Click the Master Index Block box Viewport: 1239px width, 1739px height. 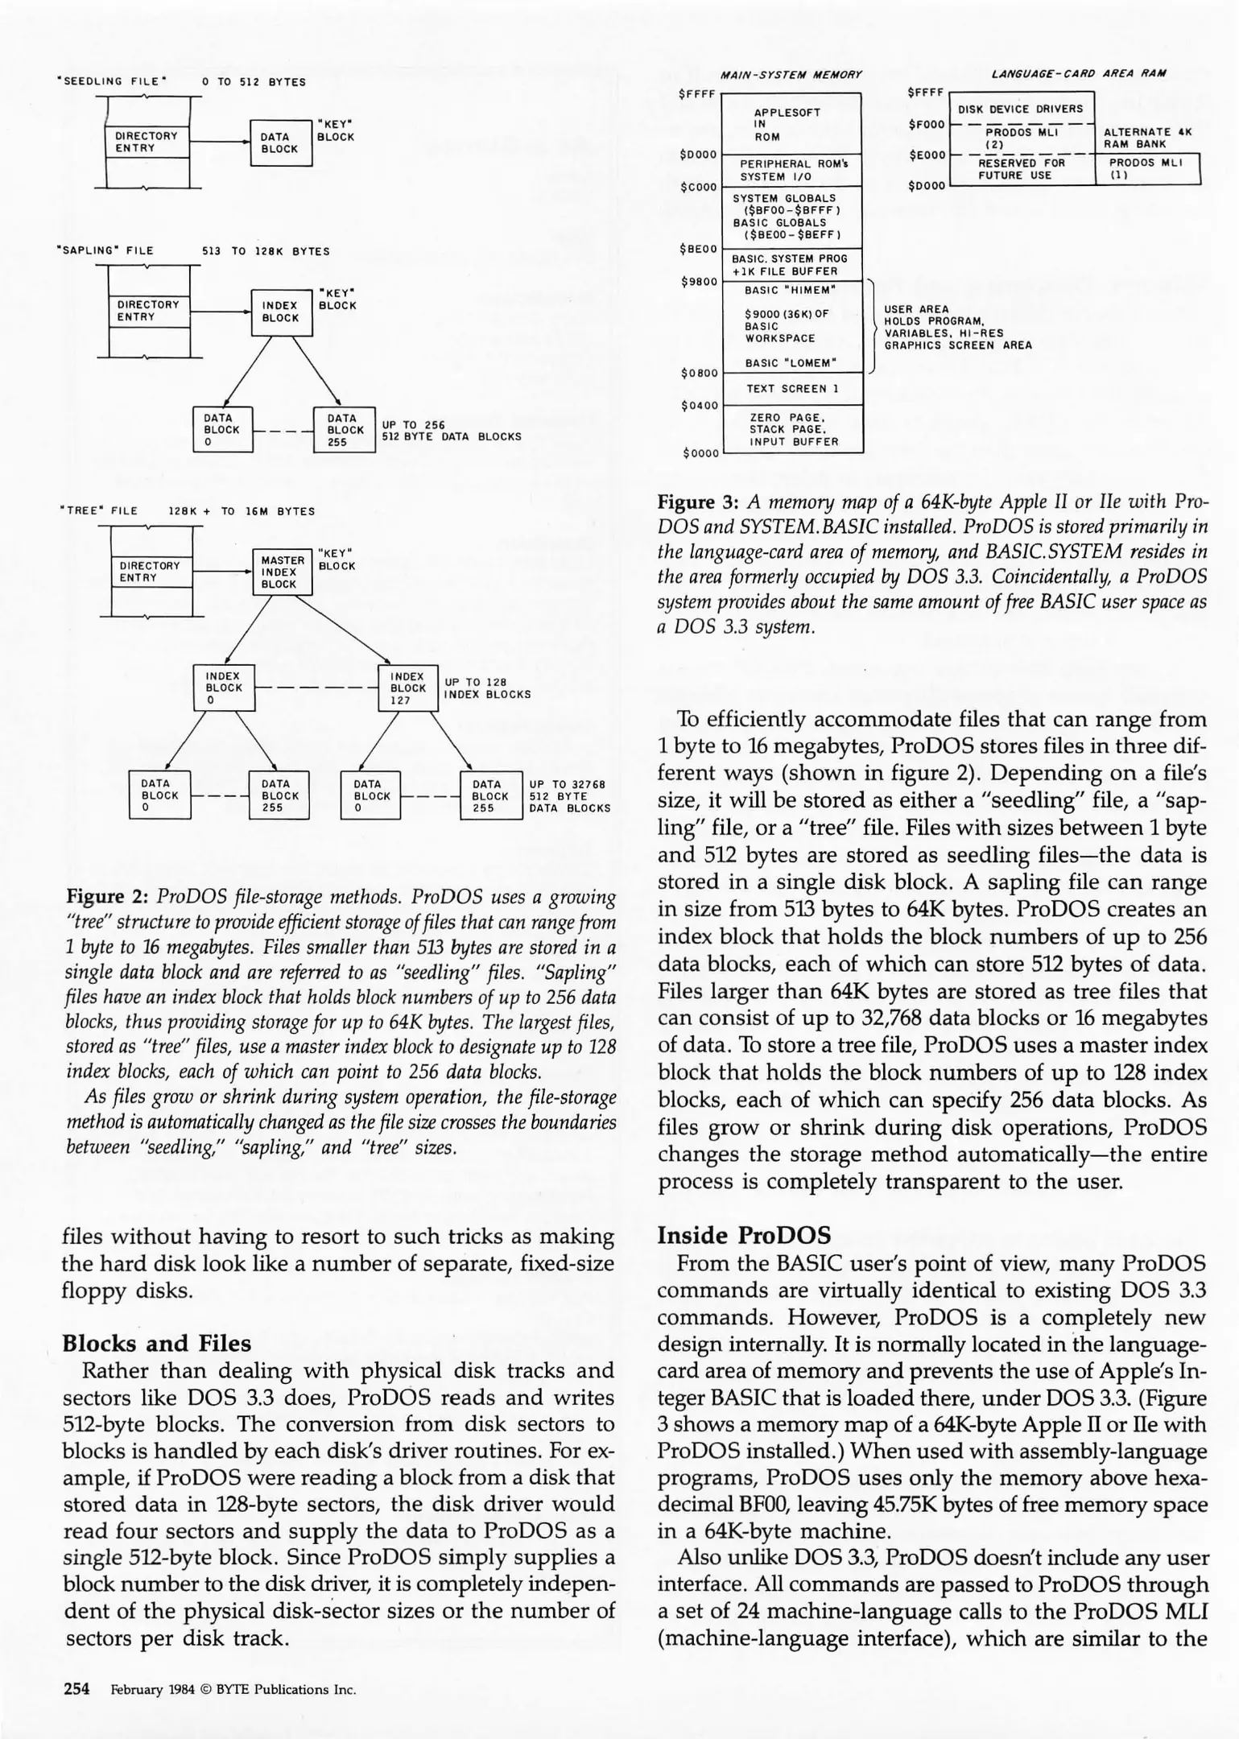coord(283,572)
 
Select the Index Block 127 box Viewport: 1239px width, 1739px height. coord(407,688)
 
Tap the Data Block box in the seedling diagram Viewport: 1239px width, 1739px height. coord(280,143)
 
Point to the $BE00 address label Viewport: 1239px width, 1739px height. coord(697,249)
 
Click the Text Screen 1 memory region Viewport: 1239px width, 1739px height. coord(792,389)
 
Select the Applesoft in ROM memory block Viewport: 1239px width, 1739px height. coord(792,124)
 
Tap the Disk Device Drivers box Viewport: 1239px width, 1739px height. coord(1019,109)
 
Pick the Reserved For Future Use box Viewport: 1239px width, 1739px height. coord(1021,169)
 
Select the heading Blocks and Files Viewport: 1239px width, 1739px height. coord(156,1343)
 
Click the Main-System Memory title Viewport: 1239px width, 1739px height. coord(791,74)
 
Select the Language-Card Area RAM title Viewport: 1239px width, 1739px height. coord(1079,73)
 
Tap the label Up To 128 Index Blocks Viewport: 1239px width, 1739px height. coord(487,688)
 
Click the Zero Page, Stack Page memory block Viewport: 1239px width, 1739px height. coord(792,429)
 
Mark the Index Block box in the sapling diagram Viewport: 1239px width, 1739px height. coord(280,312)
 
